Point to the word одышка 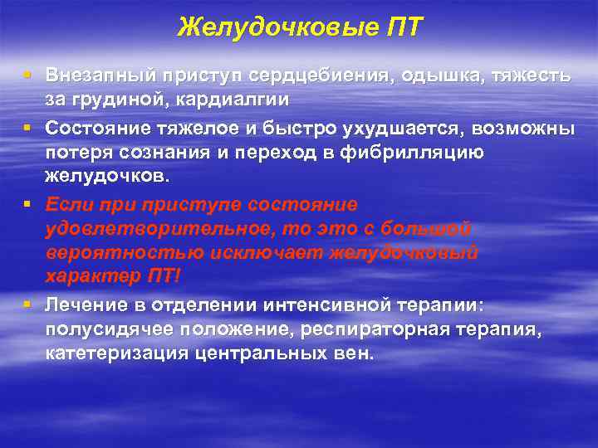coord(438,75)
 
